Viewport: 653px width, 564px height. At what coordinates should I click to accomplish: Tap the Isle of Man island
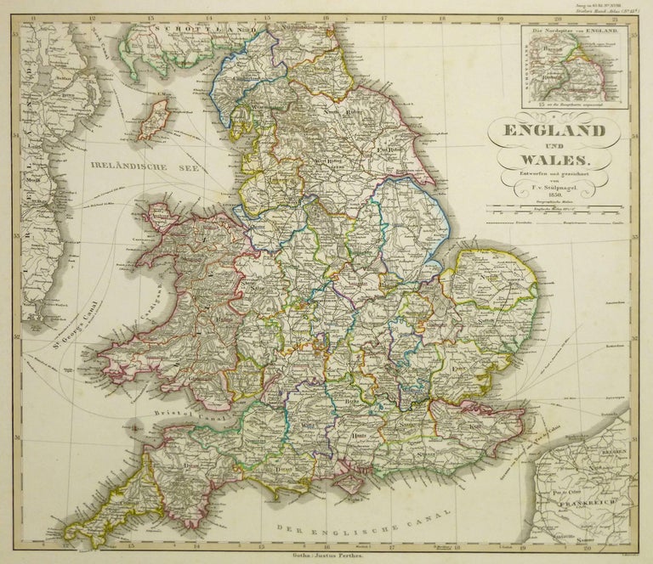click(x=155, y=119)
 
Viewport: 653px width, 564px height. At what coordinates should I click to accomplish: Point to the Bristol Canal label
click(x=169, y=414)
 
